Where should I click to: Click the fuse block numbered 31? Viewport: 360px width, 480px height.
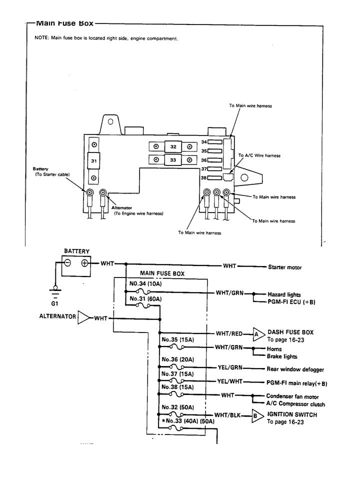(x=93, y=161)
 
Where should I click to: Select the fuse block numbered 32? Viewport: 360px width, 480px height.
(x=173, y=146)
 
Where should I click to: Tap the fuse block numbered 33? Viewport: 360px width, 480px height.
(x=173, y=160)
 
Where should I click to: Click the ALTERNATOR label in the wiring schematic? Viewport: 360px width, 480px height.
(x=57, y=316)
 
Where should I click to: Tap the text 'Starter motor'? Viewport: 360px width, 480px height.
(x=285, y=267)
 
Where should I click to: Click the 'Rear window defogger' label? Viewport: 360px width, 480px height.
(x=295, y=369)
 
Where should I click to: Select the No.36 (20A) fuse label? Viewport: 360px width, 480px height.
(x=178, y=359)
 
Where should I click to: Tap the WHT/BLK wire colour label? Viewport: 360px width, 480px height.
(x=229, y=415)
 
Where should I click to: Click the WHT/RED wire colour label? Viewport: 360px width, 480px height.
(x=229, y=333)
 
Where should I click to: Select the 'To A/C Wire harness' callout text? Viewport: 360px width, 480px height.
(x=259, y=155)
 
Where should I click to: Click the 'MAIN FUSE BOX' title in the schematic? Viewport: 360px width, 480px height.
(x=162, y=273)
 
